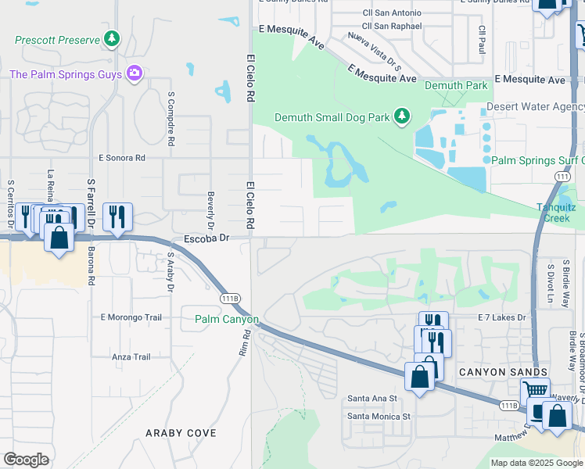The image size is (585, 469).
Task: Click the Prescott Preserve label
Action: tap(57, 38)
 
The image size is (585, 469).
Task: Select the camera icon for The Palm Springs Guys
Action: tap(135, 73)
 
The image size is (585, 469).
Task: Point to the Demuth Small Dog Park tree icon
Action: tap(402, 116)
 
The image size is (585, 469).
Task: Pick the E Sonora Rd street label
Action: tap(122, 157)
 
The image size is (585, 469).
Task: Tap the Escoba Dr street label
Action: tap(206, 237)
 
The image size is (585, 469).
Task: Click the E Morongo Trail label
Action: tap(131, 317)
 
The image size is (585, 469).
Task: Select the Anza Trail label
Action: tap(131, 356)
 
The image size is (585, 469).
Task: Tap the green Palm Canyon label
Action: tap(226, 320)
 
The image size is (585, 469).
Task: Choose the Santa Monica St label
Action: tap(379, 416)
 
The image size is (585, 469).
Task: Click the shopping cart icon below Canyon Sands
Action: tap(535, 390)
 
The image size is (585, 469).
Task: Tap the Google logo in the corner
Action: tap(26, 460)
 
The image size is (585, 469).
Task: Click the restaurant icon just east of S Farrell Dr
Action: tap(117, 217)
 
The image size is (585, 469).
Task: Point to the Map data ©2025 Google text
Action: tap(537, 463)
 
